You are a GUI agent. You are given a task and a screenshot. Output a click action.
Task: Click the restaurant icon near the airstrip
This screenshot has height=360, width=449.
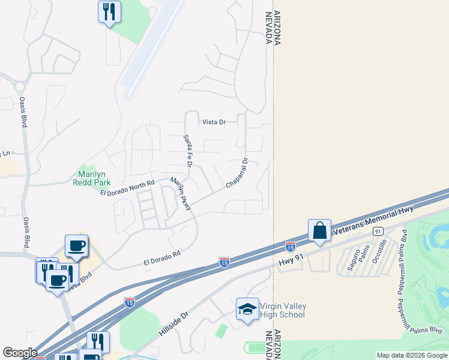point(109,12)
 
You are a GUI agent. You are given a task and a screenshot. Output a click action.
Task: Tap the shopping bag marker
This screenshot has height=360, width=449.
point(319,230)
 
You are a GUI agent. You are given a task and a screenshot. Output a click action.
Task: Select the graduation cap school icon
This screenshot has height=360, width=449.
point(247,309)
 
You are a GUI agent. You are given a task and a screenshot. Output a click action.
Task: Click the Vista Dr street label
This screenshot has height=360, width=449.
point(214,122)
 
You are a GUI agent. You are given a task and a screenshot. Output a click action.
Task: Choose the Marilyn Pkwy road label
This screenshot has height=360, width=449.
point(180,193)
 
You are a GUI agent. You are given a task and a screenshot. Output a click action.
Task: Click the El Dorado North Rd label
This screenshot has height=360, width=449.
point(127,187)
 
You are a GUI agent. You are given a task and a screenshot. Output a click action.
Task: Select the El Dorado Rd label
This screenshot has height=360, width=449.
point(162,259)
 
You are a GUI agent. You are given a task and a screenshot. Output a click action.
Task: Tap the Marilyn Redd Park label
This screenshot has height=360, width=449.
point(91,178)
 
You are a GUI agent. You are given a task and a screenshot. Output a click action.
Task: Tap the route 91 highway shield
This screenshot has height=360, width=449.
point(378,231)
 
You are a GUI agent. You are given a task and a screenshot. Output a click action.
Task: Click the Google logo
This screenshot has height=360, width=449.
point(19,353)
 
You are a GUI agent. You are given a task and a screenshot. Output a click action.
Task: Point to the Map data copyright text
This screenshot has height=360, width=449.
point(412,356)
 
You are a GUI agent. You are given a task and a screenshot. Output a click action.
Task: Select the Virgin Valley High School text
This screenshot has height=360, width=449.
point(283,310)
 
